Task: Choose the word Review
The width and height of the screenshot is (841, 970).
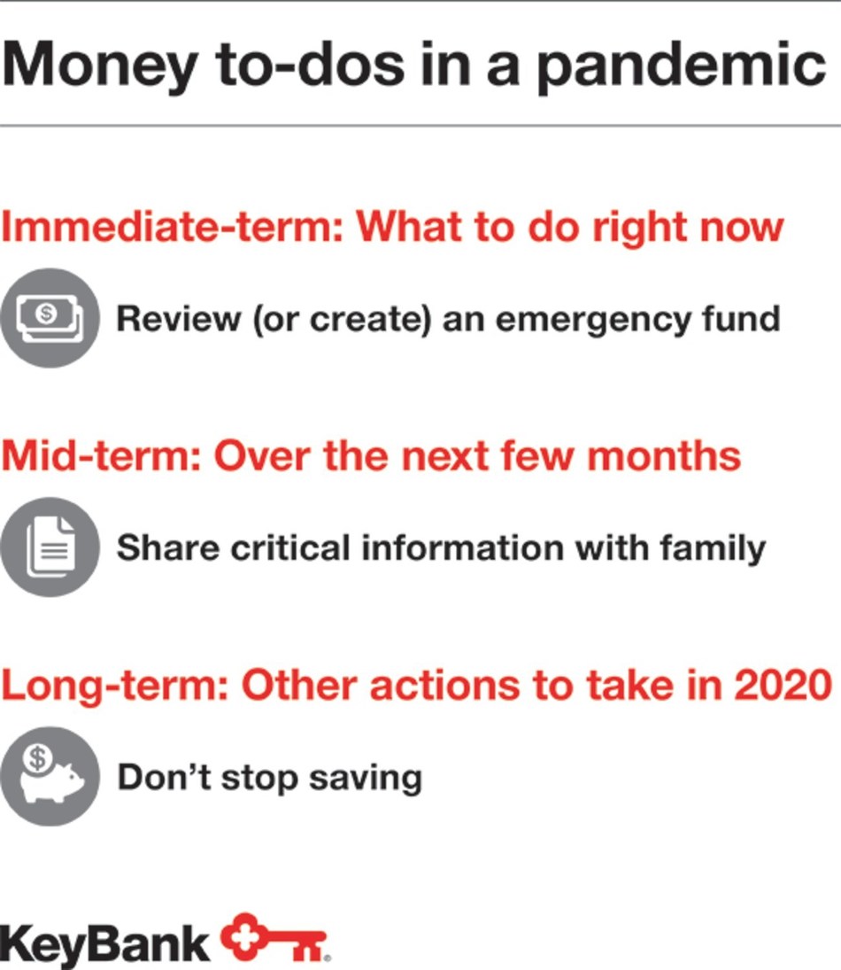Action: pos(178,318)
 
